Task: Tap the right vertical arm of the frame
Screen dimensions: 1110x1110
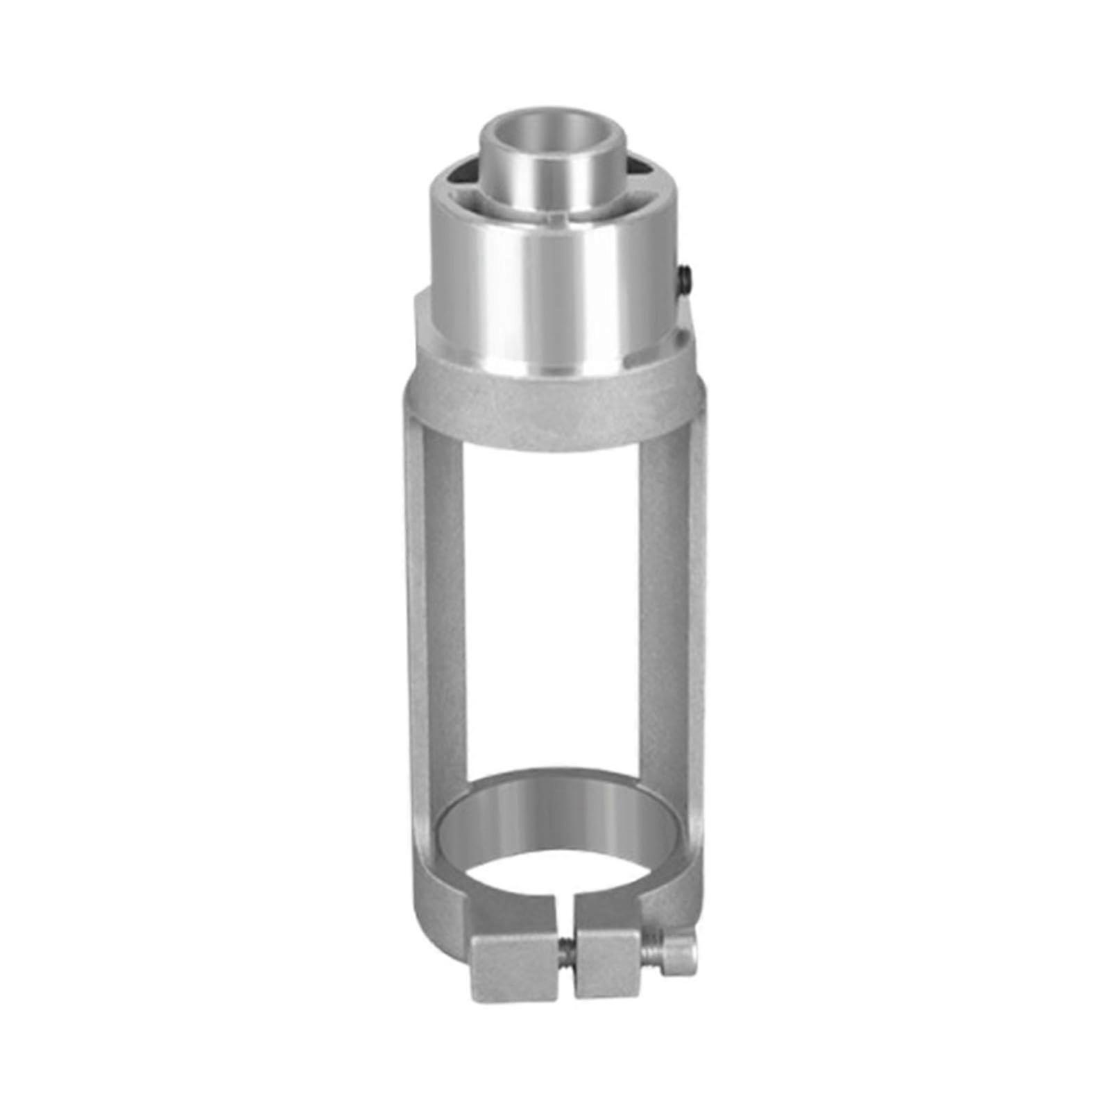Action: point(676,624)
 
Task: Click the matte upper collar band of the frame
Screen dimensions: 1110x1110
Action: point(555,416)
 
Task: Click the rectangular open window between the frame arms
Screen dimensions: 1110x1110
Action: point(555,610)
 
